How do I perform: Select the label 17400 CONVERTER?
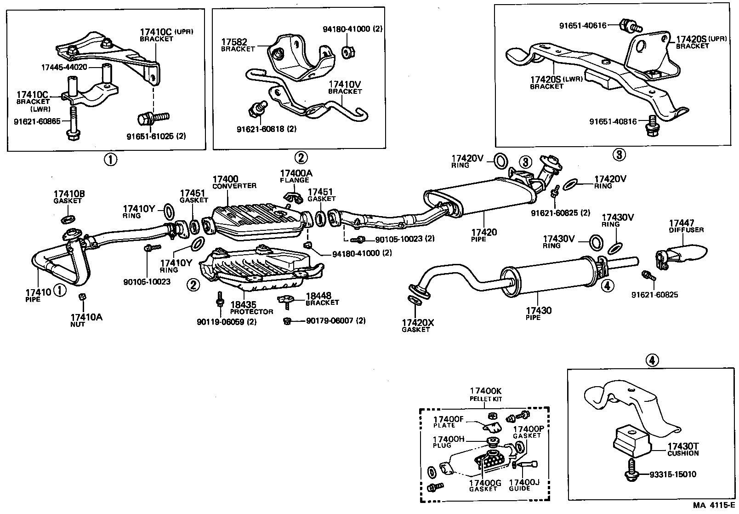click(233, 182)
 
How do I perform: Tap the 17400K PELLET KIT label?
click(485, 394)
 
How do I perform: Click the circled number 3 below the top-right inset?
click(619, 154)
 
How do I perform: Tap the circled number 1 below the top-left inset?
click(110, 160)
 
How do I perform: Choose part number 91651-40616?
click(582, 26)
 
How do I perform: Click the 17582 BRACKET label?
click(237, 45)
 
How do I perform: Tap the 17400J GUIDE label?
click(524, 485)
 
